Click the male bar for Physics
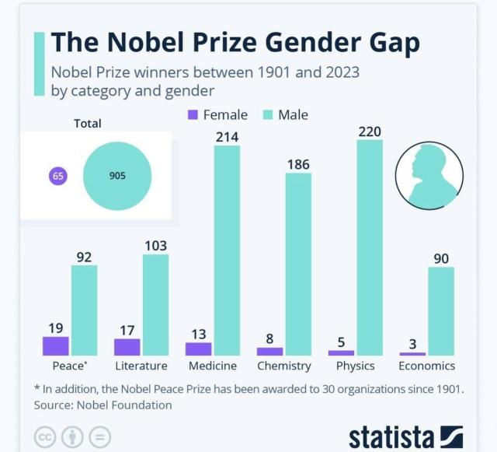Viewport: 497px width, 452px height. (370, 247)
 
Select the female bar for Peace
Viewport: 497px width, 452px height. (56, 346)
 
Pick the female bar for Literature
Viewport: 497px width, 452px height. (127, 347)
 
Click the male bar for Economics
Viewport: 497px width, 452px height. (441, 311)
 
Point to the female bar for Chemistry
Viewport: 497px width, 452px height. (270, 352)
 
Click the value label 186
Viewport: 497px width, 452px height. (298, 164)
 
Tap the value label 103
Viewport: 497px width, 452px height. (155, 246)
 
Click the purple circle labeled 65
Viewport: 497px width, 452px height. (57, 176)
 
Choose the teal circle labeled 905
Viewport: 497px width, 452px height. (116, 176)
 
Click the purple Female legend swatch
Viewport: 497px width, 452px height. (193, 115)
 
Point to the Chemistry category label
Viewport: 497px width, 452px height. (284, 366)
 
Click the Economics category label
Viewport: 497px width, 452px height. (426, 366)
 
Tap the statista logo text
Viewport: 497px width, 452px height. (391, 436)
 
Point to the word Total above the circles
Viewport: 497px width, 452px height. (87, 123)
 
